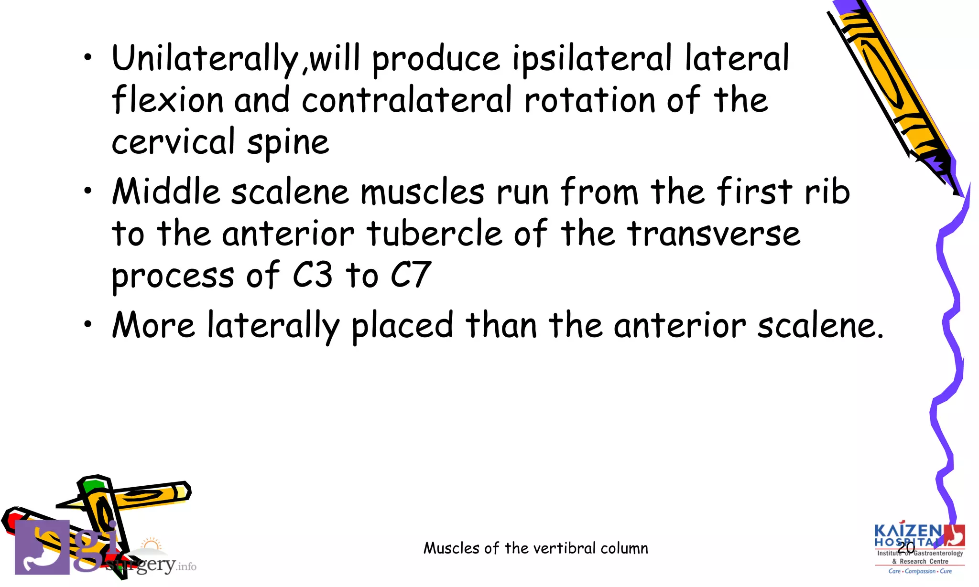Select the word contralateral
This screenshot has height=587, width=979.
point(407,100)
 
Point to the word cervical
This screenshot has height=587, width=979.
point(173,142)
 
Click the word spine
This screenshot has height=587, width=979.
point(288,143)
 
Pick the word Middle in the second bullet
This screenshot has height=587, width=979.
point(166,192)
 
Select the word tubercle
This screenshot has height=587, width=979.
point(435,234)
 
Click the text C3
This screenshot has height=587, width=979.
point(312,275)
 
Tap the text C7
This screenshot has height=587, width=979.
point(411,275)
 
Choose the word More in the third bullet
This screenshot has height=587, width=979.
point(153,325)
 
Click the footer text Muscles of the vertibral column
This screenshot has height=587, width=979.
point(536,548)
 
